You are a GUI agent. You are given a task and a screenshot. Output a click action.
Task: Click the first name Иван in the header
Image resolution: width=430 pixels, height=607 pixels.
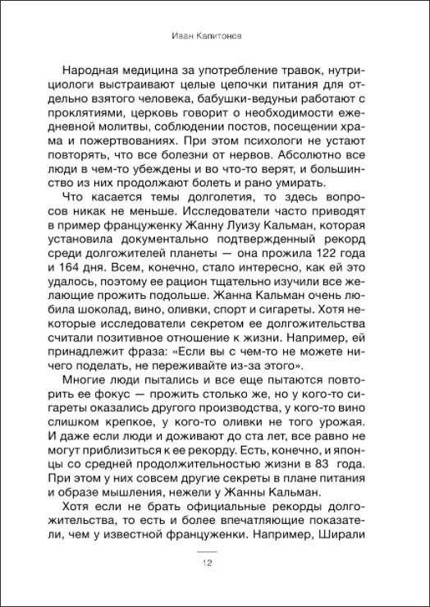coord(186,36)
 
